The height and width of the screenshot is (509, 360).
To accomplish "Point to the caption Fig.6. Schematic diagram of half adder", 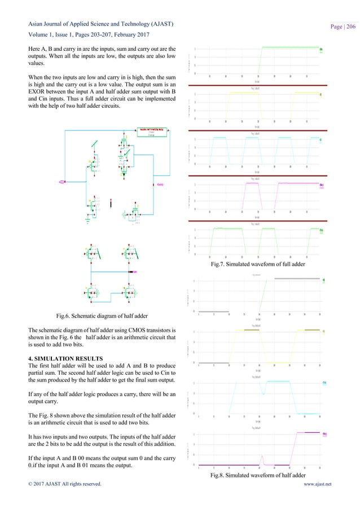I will (92, 313).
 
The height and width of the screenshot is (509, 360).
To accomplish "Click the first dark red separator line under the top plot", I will (257, 85).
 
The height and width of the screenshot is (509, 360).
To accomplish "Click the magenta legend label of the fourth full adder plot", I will (321, 185).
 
